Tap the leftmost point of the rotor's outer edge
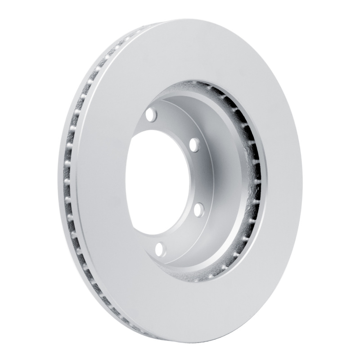(x=58, y=180)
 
